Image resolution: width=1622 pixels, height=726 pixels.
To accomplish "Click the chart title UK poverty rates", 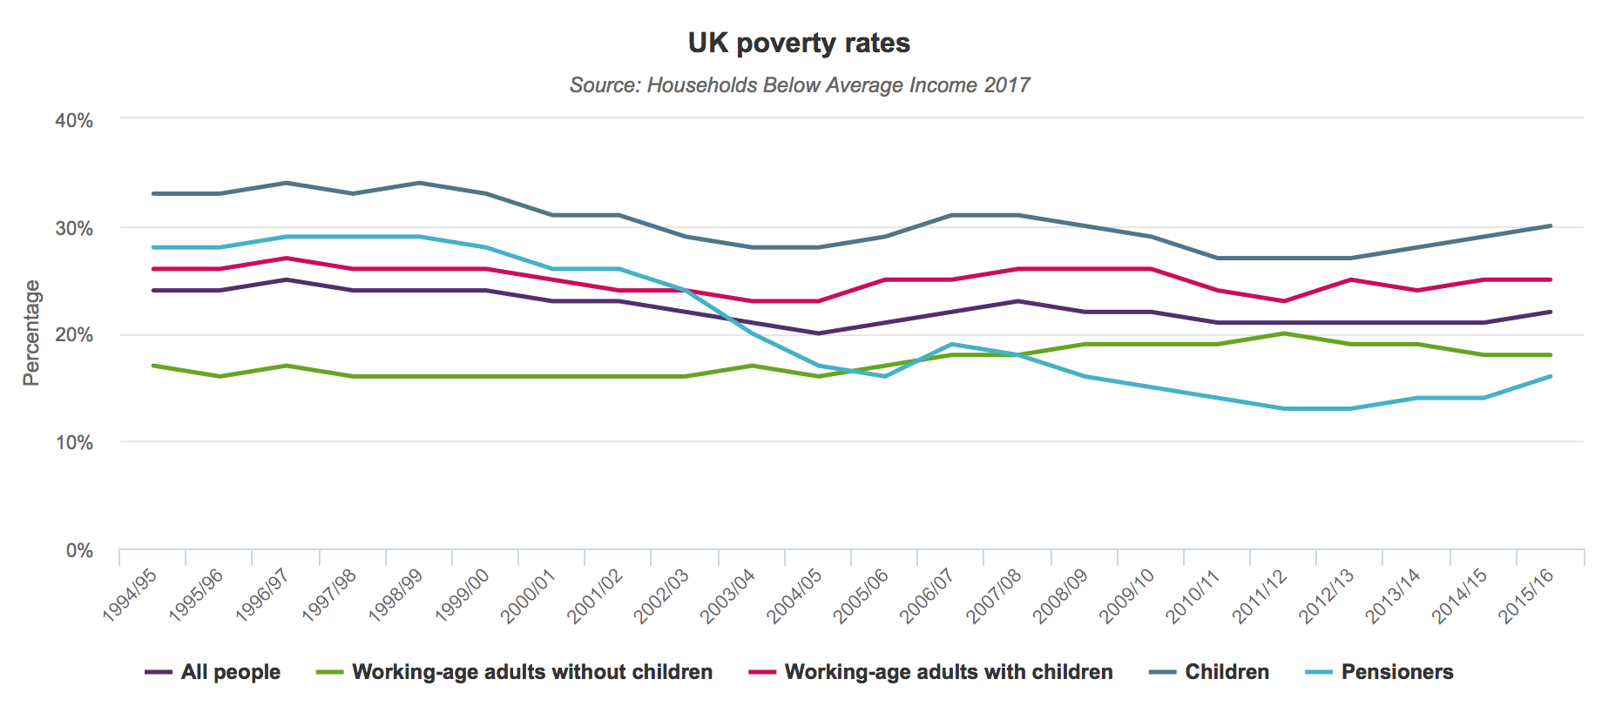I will (x=799, y=43).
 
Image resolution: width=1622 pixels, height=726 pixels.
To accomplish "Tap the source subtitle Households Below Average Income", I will (x=799, y=85).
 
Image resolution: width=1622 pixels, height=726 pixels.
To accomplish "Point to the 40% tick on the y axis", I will (x=74, y=121).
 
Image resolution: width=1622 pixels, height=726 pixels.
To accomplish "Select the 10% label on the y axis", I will (x=74, y=443).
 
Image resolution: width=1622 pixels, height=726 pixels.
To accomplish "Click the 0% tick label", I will (x=79, y=551).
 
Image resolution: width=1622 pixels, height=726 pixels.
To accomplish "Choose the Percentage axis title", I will (x=31, y=333).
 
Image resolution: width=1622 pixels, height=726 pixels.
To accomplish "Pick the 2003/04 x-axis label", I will (x=728, y=595).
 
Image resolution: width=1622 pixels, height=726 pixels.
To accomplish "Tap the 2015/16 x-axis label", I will (x=1526, y=595).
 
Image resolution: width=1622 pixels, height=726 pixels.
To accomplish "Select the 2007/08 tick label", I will (x=994, y=595).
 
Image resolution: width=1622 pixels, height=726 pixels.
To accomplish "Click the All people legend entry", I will (x=213, y=672).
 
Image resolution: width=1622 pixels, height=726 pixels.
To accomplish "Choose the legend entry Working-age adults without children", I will (x=514, y=672).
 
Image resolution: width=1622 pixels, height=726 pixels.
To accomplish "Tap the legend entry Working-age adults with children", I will (x=930, y=672).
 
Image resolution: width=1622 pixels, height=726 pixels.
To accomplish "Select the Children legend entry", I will (x=1209, y=672).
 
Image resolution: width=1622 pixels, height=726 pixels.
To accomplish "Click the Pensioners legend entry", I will (x=1380, y=672).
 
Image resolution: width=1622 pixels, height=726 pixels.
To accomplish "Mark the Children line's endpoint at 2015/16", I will (x=1551, y=226).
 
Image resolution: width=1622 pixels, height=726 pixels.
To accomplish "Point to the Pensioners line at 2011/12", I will (x=1284, y=408).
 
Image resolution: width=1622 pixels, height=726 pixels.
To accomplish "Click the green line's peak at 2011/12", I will (x=1284, y=333).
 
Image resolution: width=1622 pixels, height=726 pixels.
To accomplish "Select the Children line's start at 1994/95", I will (x=153, y=193).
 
